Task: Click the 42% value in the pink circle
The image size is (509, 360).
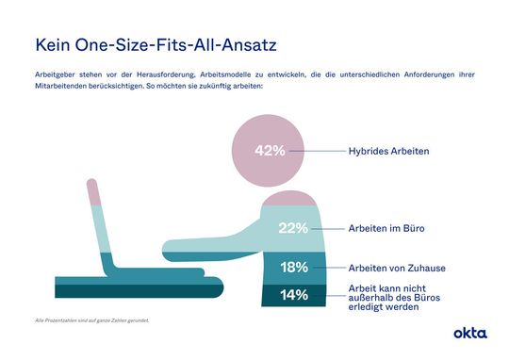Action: [x=270, y=150]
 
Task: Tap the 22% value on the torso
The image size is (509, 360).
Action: [x=293, y=228]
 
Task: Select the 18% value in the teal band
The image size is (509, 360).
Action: [x=293, y=267]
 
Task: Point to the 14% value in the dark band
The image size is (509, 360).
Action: [x=293, y=295]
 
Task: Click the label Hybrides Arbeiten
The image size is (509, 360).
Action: [x=388, y=150]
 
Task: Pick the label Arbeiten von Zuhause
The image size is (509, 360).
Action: [x=397, y=268]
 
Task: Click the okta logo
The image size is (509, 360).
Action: [x=469, y=333]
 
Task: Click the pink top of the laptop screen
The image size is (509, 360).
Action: [x=92, y=191]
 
